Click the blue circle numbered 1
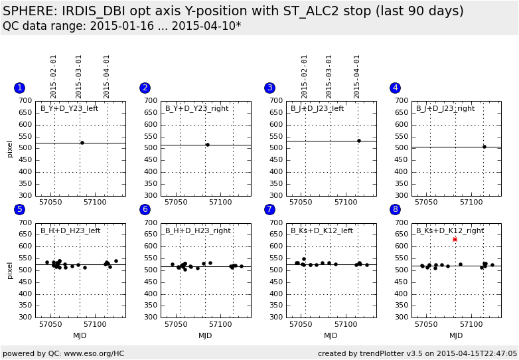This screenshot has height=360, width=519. coord(20,88)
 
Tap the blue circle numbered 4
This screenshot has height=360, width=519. coord(396,88)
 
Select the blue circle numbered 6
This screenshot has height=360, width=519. coord(145,209)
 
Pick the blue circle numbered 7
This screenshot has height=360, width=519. coord(269,209)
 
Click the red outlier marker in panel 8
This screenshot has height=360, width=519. coord(455,239)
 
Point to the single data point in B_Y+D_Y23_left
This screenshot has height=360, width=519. coord(82,143)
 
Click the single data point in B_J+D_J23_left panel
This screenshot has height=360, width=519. coord(359,141)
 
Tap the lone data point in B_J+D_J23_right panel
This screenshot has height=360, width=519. coord(484,147)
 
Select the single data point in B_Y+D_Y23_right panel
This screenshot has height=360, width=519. coord(208,145)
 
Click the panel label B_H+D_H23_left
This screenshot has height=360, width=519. coord(70,230)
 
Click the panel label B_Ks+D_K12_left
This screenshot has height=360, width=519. coord(322,230)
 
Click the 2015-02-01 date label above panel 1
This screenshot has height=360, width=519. coord(54,76)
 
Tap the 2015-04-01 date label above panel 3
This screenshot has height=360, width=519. coord(357,76)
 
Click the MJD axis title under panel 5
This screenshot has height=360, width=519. coord(80,336)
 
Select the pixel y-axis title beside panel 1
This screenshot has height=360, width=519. coord(10,148)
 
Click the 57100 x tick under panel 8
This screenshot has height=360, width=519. coord(471,324)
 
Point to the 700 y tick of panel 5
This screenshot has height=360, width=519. coord(25,223)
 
